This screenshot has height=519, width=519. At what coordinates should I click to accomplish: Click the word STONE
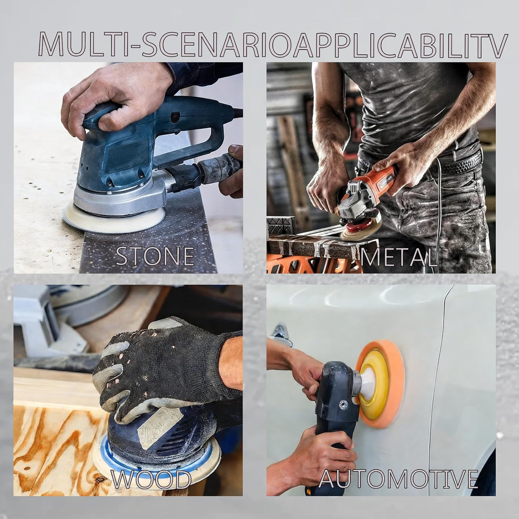[x=155, y=256]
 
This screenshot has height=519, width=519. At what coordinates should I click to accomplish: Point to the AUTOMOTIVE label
[x=399, y=479]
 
